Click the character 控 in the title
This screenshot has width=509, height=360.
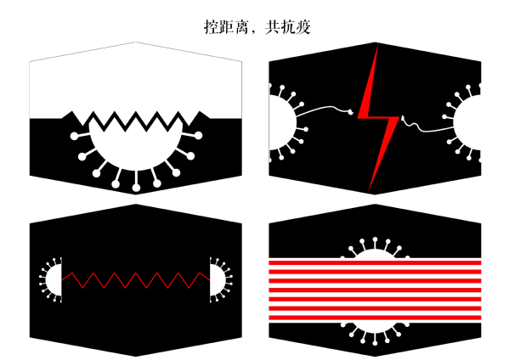pyautogui.click(x=212, y=27)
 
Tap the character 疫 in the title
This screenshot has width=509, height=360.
pyautogui.click(x=303, y=27)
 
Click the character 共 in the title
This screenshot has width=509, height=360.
pyautogui.click(x=273, y=27)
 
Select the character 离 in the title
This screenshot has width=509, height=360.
pyautogui.click(x=242, y=27)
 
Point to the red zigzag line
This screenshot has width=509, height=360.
pyautogui.click(x=136, y=280)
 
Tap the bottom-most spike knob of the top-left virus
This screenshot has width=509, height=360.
pyautogui.click(x=136, y=188)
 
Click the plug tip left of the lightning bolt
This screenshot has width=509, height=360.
pyautogui.click(x=351, y=113)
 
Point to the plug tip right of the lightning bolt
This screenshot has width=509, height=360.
pyautogui.click(x=403, y=118)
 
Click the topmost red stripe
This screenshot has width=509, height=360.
pyautogui.click(x=375, y=262)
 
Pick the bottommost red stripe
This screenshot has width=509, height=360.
pyautogui.click(x=375, y=318)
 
